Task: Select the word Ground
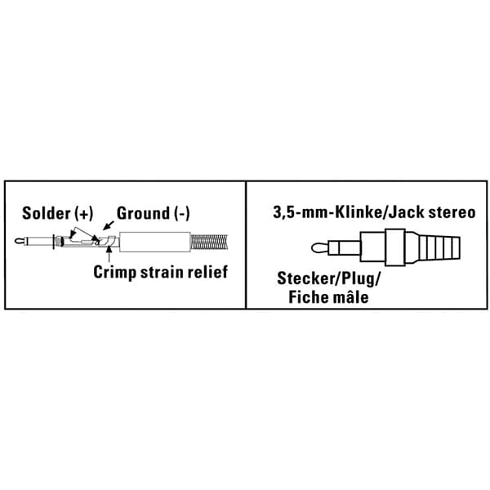(143, 214)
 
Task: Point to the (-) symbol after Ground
(181, 214)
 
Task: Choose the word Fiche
(309, 297)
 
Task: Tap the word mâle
(350, 297)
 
